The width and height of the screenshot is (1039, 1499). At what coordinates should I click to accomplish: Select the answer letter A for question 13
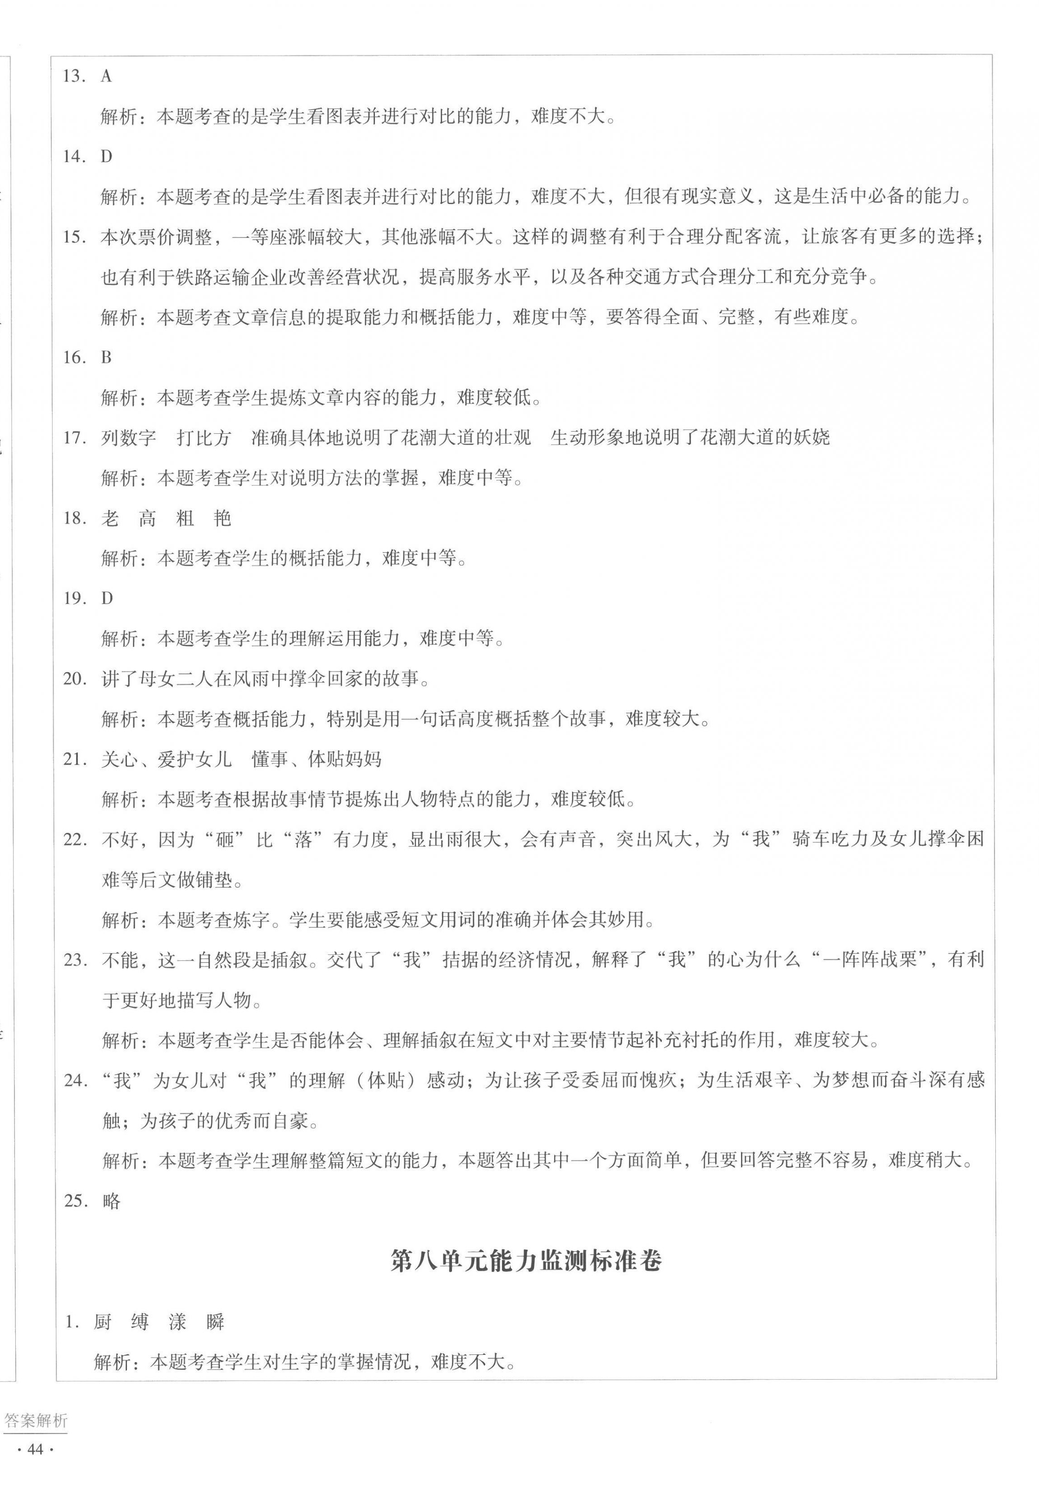tap(106, 77)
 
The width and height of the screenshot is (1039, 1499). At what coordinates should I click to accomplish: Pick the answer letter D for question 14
tap(106, 157)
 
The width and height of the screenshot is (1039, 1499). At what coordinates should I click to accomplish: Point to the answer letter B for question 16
tap(106, 358)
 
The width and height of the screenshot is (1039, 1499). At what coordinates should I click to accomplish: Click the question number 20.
tap(74, 679)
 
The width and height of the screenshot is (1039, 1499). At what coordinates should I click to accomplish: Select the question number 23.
tap(75, 960)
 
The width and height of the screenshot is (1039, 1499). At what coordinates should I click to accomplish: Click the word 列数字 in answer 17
tap(128, 438)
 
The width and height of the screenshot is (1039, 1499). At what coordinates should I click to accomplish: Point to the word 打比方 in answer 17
tap(204, 438)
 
